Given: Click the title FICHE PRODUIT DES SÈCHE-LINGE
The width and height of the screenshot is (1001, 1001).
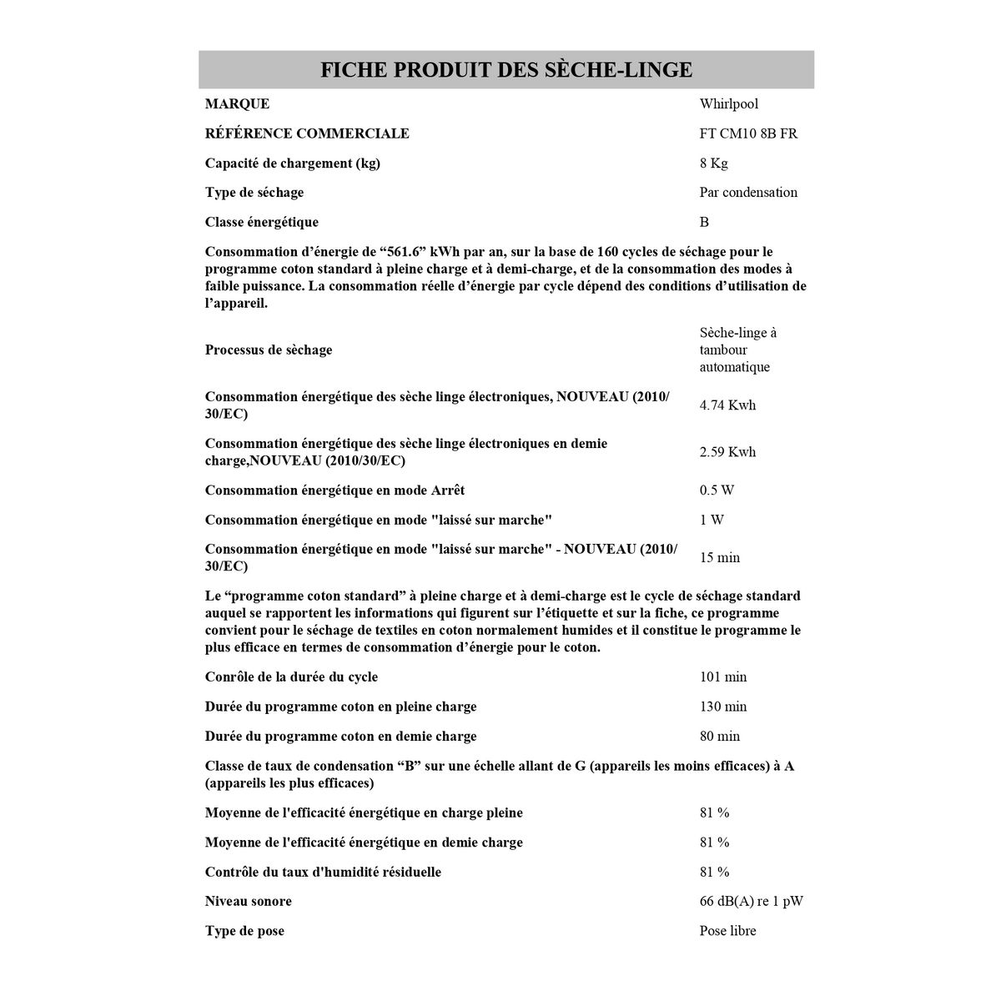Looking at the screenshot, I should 506,69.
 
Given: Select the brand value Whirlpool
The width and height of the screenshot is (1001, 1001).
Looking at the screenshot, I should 729,104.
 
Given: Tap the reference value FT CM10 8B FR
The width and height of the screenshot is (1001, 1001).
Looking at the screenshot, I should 748,133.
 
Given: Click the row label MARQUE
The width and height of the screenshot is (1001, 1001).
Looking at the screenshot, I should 237,104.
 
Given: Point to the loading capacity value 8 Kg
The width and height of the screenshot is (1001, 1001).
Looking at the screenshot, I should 714,163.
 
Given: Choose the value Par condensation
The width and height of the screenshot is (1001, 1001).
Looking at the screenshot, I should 748,193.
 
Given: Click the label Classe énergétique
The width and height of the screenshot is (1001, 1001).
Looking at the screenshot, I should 261,222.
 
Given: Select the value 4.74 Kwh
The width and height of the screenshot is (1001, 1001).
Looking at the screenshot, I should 727,405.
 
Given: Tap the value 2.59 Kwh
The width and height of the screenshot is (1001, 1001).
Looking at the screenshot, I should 727,452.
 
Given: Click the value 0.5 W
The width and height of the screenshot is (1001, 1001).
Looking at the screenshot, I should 717,490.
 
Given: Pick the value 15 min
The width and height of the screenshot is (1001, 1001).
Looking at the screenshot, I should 719,557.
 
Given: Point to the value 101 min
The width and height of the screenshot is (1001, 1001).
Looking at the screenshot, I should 723,677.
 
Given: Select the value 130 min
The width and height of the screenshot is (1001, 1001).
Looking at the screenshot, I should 723,707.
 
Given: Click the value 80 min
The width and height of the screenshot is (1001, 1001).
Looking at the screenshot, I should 720,737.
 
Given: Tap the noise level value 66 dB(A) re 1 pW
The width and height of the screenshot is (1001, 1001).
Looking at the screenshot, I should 751,902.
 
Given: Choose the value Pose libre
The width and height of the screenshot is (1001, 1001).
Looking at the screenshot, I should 727,931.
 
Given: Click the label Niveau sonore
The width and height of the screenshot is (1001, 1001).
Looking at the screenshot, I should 248,902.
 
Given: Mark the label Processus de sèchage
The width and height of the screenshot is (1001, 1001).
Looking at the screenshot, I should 268,350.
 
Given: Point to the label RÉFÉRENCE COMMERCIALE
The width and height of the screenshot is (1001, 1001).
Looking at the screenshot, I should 307,133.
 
